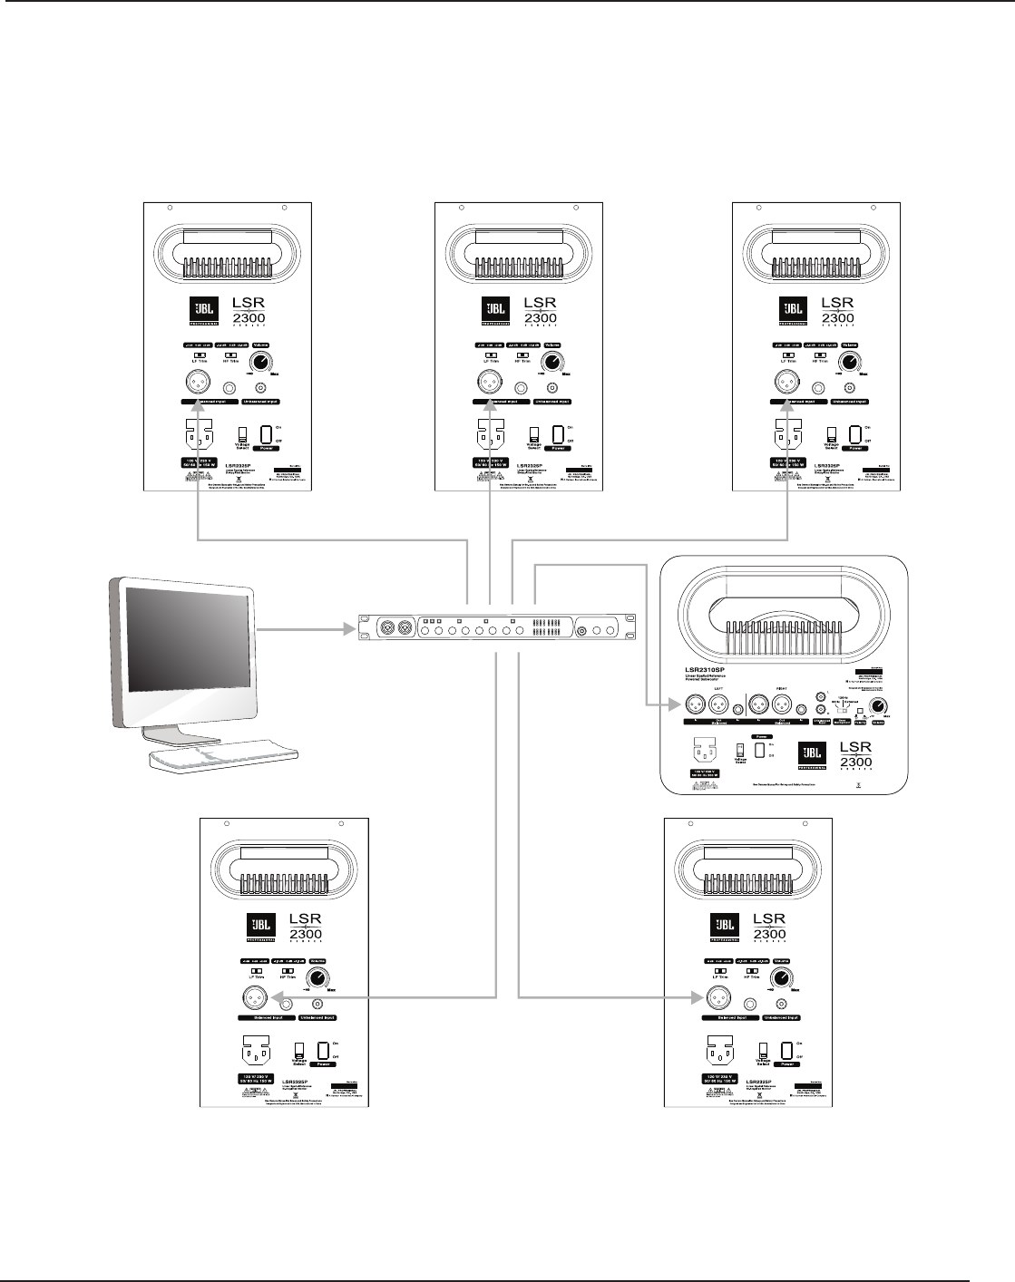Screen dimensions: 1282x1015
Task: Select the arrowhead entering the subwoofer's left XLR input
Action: [x=672, y=704]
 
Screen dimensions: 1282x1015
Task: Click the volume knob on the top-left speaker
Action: [x=262, y=363]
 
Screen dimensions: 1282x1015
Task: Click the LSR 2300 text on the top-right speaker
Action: [x=837, y=310]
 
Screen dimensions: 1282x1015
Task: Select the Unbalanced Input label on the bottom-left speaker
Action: [x=317, y=1017]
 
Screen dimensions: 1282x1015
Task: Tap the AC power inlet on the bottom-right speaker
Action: [x=718, y=1054]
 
